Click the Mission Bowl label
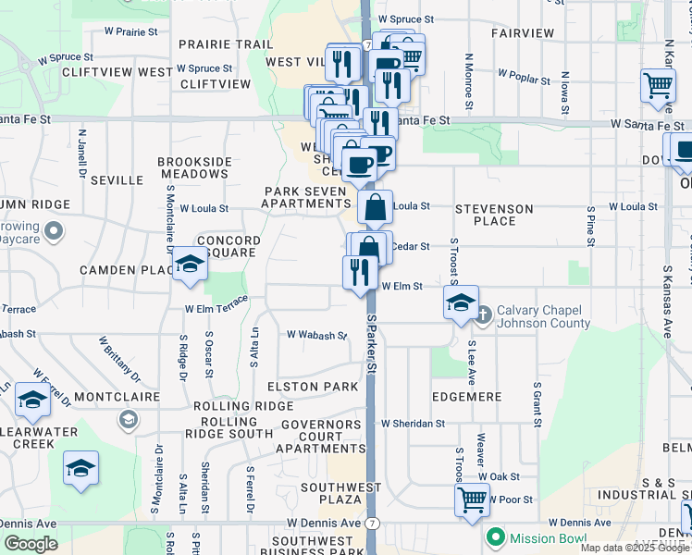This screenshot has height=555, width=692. tap(545, 536)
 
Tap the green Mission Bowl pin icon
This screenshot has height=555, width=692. tap(496, 536)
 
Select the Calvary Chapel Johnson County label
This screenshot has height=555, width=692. tap(542, 316)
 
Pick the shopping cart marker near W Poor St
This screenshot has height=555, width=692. tap(472, 500)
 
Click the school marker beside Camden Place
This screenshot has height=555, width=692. tap(190, 265)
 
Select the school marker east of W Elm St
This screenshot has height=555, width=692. tap(460, 302)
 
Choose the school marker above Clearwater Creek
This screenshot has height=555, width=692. tap(31, 399)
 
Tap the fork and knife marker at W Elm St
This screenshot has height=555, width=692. tap(359, 272)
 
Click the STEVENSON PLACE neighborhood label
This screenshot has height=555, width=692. tap(494, 215)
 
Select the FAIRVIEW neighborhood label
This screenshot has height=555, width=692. tap(523, 32)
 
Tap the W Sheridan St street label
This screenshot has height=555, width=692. tap(413, 423)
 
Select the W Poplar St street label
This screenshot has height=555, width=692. tap(524, 75)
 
